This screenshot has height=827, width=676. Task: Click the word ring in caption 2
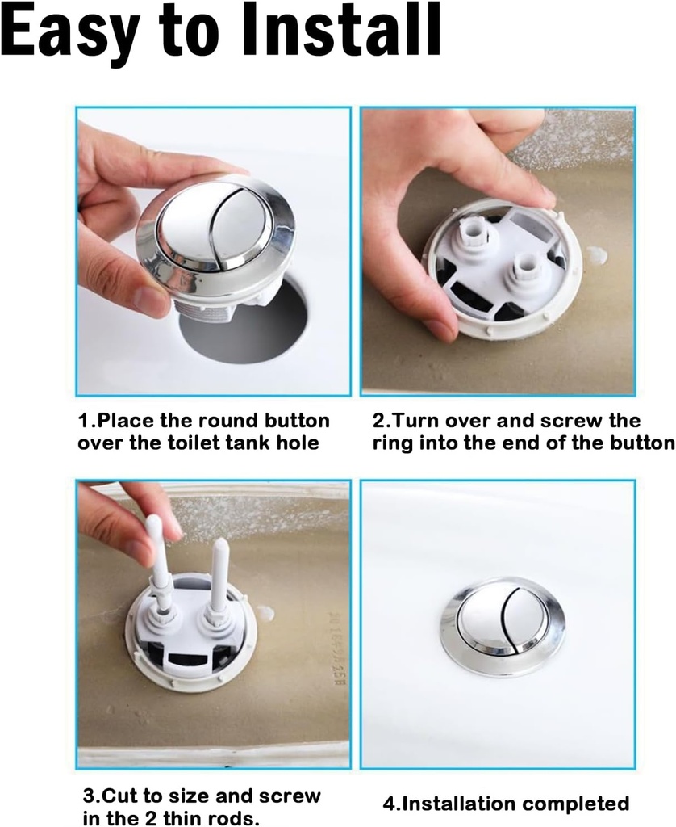392,443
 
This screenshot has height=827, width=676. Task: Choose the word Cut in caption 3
120,796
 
